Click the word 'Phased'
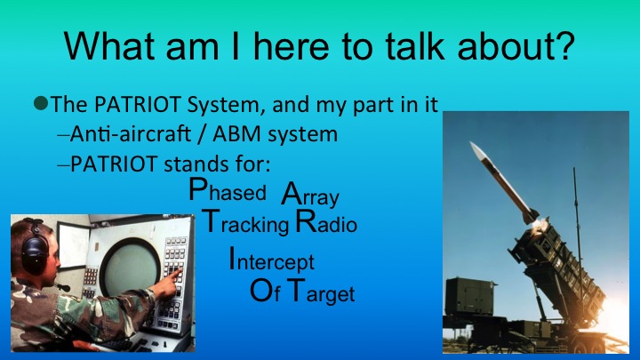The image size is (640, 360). [x=228, y=192]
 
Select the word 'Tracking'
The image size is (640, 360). [x=245, y=224]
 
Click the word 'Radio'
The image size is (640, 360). [x=326, y=224]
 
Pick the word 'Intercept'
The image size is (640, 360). [x=271, y=262]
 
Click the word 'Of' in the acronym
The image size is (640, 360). [x=265, y=292]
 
